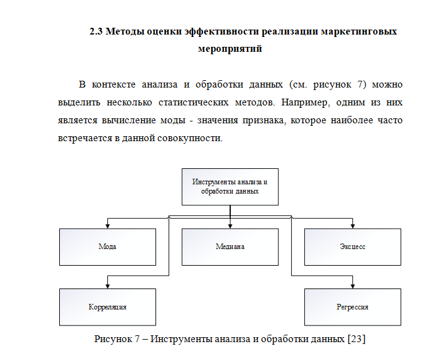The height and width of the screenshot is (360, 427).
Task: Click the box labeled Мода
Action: coord(107,247)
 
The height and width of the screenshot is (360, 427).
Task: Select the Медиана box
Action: coord(230,247)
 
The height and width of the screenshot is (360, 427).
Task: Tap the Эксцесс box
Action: coord(353,247)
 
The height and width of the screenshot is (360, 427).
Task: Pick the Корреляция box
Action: coord(107,307)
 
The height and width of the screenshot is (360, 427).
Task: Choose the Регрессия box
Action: coord(353,307)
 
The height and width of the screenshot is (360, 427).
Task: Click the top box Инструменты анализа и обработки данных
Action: coord(230,187)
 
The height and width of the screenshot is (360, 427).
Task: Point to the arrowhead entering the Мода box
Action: coord(107,226)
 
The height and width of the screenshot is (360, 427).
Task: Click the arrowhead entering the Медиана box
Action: coord(230,226)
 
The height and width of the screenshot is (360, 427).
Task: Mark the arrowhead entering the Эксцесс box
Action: coord(353,226)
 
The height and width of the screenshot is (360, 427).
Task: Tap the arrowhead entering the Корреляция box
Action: coord(107,286)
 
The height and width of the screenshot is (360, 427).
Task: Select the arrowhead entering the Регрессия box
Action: coord(353,286)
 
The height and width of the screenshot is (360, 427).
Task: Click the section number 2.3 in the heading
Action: coord(96,31)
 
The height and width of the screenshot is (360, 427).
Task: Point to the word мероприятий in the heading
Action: coord(230,49)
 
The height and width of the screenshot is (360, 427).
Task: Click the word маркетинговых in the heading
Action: coord(359,32)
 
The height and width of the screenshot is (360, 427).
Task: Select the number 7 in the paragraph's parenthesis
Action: coord(360,84)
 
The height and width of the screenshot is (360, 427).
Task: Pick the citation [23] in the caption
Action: coord(357,339)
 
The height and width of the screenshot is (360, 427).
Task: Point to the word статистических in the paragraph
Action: coord(194,102)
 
